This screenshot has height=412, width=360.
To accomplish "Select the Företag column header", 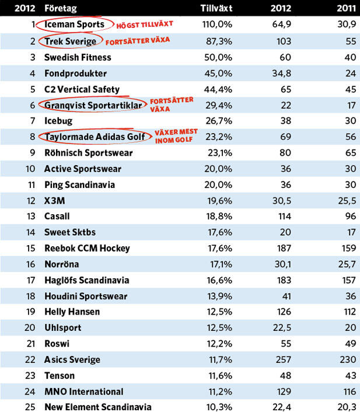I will [60, 9].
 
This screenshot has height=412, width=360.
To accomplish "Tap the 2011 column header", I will [347, 9].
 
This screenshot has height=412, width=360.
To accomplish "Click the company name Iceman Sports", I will [74, 25].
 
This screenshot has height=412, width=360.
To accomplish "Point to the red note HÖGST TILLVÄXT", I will [145, 25].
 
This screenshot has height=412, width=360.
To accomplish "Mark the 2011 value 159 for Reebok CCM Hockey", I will [348, 248].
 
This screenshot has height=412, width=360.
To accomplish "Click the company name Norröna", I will [62, 264].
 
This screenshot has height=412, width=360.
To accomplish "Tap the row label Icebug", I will [58, 121].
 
